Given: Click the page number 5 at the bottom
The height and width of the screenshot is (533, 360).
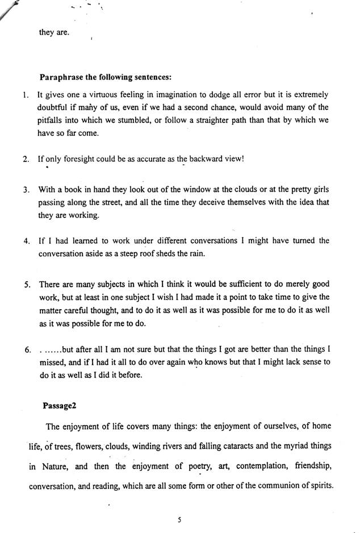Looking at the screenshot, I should click(179, 518).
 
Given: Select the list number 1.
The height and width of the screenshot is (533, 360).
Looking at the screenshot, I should click(26, 95).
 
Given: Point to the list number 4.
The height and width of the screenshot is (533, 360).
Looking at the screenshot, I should click(26, 241).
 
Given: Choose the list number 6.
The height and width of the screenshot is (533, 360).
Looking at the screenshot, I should click(26, 349).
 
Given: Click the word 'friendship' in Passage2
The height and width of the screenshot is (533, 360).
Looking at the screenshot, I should click(308, 467).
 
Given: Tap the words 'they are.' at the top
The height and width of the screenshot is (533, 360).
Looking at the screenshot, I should click(53, 32).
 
